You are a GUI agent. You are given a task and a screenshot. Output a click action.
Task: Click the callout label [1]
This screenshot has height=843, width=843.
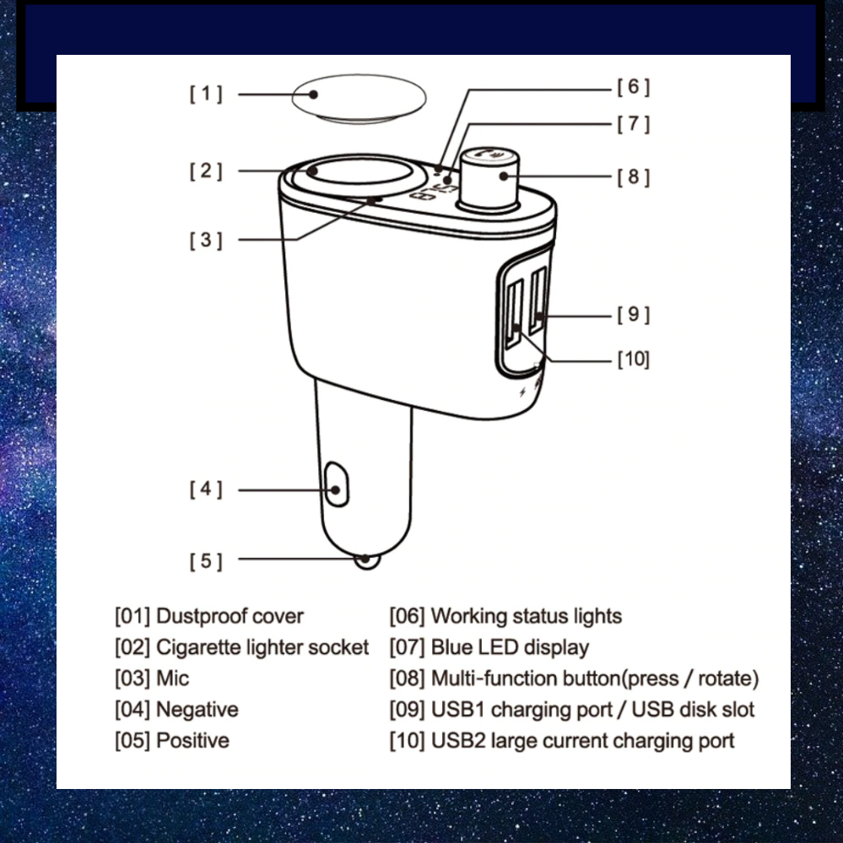click(x=206, y=94)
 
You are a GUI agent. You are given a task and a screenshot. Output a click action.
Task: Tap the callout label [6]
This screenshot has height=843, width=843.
click(x=634, y=87)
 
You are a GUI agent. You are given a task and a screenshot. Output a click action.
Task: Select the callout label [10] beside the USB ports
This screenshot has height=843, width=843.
click(x=634, y=359)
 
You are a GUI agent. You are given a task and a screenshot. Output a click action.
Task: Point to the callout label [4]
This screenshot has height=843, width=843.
click(x=206, y=489)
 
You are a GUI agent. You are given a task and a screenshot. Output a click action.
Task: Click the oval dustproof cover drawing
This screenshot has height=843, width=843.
click(x=359, y=99)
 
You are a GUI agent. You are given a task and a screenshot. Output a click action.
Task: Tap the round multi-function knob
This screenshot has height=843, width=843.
click(x=489, y=179)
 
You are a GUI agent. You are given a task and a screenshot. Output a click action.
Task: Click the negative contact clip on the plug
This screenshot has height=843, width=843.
click(x=337, y=484)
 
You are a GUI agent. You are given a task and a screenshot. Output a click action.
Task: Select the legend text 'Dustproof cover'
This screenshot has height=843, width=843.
click(x=230, y=616)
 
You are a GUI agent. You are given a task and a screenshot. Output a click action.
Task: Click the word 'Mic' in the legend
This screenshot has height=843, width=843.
click(x=173, y=678)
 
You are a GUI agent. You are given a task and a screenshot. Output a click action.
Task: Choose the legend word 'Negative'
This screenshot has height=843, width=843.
click(x=197, y=710)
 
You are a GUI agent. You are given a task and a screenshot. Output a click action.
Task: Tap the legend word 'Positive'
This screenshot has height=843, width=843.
click(x=192, y=741)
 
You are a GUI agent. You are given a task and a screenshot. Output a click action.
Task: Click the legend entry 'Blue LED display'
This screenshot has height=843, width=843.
click(x=510, y=647)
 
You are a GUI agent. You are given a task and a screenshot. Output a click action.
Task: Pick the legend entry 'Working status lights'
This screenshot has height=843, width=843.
click(x=527, y=616)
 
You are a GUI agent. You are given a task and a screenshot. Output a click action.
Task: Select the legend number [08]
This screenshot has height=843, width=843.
click(x=407, y=678)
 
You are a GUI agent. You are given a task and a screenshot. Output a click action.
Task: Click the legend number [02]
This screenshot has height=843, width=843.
click(x=132, y=647)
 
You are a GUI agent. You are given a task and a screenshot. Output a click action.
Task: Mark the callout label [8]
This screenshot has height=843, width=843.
click(x=634, y=177)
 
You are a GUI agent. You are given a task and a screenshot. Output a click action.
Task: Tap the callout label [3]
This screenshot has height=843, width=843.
click(x=206, y=240)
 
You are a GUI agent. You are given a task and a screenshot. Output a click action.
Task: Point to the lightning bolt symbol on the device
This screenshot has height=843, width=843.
click(x=522, y=392)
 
